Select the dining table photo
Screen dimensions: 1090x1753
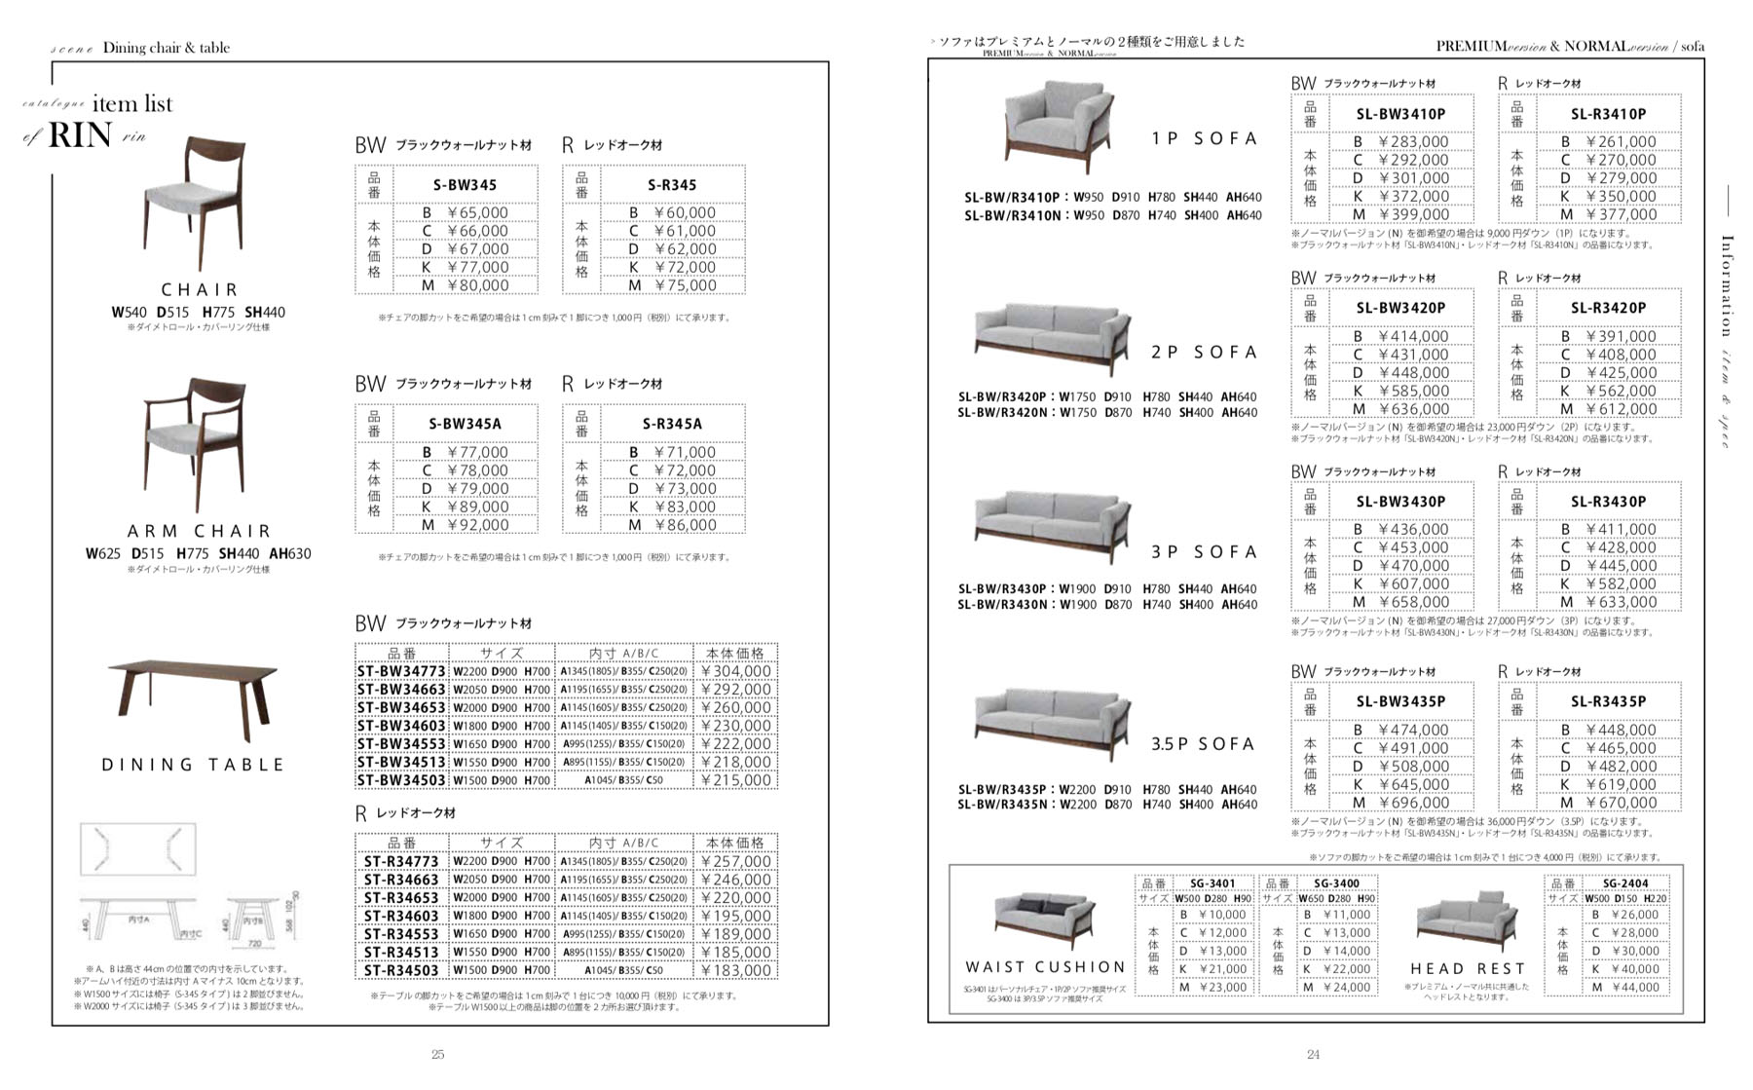[x=193, y=691]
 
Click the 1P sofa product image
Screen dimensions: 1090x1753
[x=1057, y=125]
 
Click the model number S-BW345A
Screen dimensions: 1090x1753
[x=465, y=424]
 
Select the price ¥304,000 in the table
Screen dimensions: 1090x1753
[x=735, y=671]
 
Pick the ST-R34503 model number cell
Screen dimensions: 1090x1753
[x=400, y=970]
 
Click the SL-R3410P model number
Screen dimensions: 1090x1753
[x=1608, y=114]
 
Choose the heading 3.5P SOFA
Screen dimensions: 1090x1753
[x=1203, y=744]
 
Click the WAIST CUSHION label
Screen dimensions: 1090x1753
[x=1045, y=967]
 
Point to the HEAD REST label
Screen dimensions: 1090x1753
[x=1468, y=969]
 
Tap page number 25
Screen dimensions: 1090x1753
[x=438, y=1054]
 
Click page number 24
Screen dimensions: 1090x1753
[x=1313, y=1054]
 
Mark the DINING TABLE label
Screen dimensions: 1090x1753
[x=193, y=766]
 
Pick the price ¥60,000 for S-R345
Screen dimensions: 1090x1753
[x=684, y=212]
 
